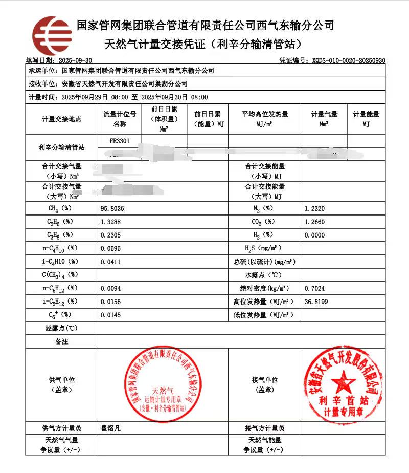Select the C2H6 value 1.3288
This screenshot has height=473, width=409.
coord(111,222)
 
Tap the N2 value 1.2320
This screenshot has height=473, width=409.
coord(314,209)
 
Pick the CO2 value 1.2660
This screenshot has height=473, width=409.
coord(314,222)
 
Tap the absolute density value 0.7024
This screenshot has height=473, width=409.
coord(314,288)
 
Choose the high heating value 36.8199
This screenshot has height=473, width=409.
coord(316,302)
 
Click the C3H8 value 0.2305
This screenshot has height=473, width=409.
coord(111,235)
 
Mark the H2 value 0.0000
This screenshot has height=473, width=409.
coord(314,235)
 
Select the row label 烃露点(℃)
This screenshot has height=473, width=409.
coord(61,328)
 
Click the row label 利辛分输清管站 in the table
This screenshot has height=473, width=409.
coord(61,147)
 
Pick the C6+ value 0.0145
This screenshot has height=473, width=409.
coord(111,315)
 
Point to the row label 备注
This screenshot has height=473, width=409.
coord(61,341)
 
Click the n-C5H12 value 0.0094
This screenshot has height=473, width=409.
coord(111,288)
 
